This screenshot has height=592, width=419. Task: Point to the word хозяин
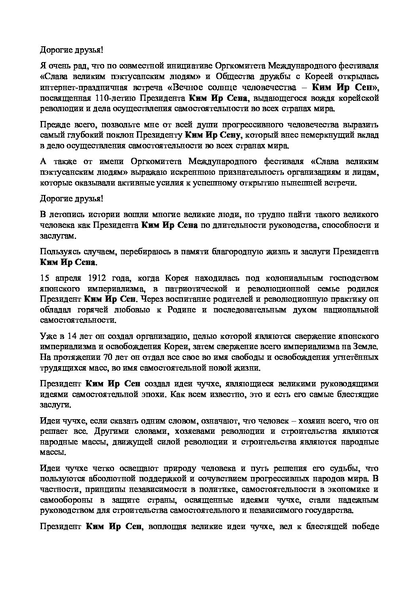(283, 420)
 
